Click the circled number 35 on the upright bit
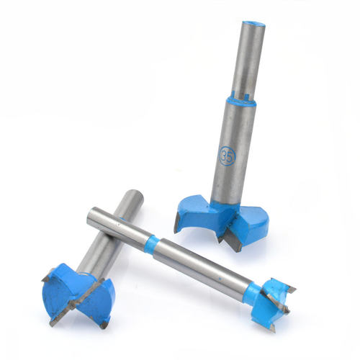pos(227,156)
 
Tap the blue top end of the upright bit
pos(254,24)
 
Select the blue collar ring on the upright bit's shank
pos(240,101)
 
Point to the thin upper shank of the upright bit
pos(248,60)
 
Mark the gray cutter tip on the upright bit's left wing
pos(176,222)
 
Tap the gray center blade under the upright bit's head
pos(232,240)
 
